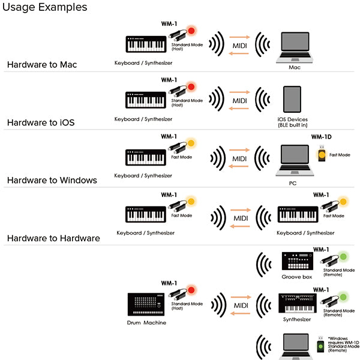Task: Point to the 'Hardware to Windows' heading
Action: [x=52, y=180]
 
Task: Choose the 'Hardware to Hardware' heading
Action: [x=53, y=238]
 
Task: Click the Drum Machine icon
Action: [x=145, y=304]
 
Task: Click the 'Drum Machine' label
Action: [x=147, y=323]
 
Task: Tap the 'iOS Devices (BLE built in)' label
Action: [x=293, y=122]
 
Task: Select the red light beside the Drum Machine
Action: [x=191, y=290]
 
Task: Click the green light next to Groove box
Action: [x=344, y=257]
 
